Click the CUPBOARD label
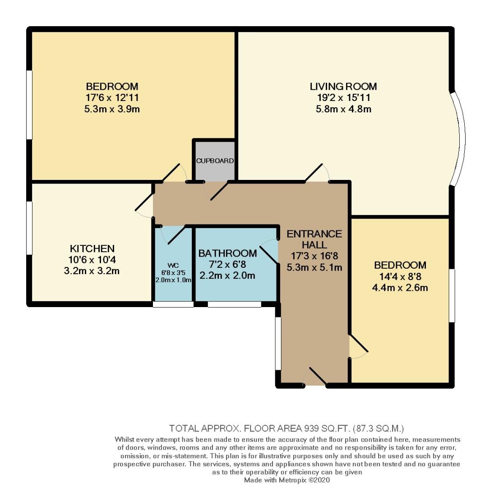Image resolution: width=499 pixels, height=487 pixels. coord(215,161)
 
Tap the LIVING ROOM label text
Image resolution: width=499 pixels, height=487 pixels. coord(343,86)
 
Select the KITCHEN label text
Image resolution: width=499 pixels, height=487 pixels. coord(92,248)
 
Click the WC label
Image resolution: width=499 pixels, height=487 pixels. coord(173,265)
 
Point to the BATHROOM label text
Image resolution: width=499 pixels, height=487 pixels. coord(227,253)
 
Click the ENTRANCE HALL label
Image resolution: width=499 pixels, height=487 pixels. coord(314,239)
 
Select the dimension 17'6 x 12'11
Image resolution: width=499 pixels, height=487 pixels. coord(112,97)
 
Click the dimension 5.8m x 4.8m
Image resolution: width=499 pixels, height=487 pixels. coord(343,109)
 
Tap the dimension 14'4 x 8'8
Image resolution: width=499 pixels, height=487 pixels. coord(400,276)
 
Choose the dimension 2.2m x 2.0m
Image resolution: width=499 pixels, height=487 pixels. coord(227,276)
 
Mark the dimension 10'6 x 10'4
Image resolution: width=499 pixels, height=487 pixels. coord(92,260)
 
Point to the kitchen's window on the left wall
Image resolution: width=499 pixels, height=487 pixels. coord(29,228)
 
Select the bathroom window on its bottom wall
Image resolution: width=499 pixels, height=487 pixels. coord(234,304)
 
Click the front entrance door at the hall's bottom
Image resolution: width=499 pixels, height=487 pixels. coord(317,377)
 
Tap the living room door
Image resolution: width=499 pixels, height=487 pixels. coord(318,174)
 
